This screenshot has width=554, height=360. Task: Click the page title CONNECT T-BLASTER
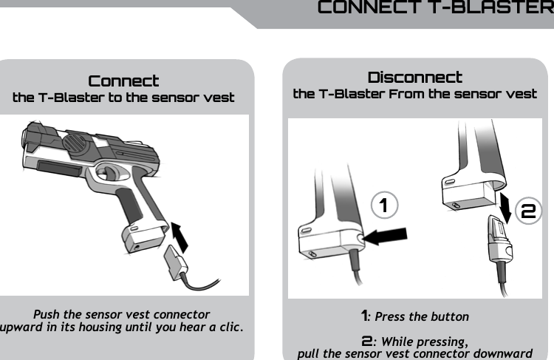(434, 8)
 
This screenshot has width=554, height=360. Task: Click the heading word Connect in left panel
(123, 81)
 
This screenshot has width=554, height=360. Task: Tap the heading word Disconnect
(414, 78)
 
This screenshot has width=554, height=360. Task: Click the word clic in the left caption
(230, 327)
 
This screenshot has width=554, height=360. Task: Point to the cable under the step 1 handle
(358, 270)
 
